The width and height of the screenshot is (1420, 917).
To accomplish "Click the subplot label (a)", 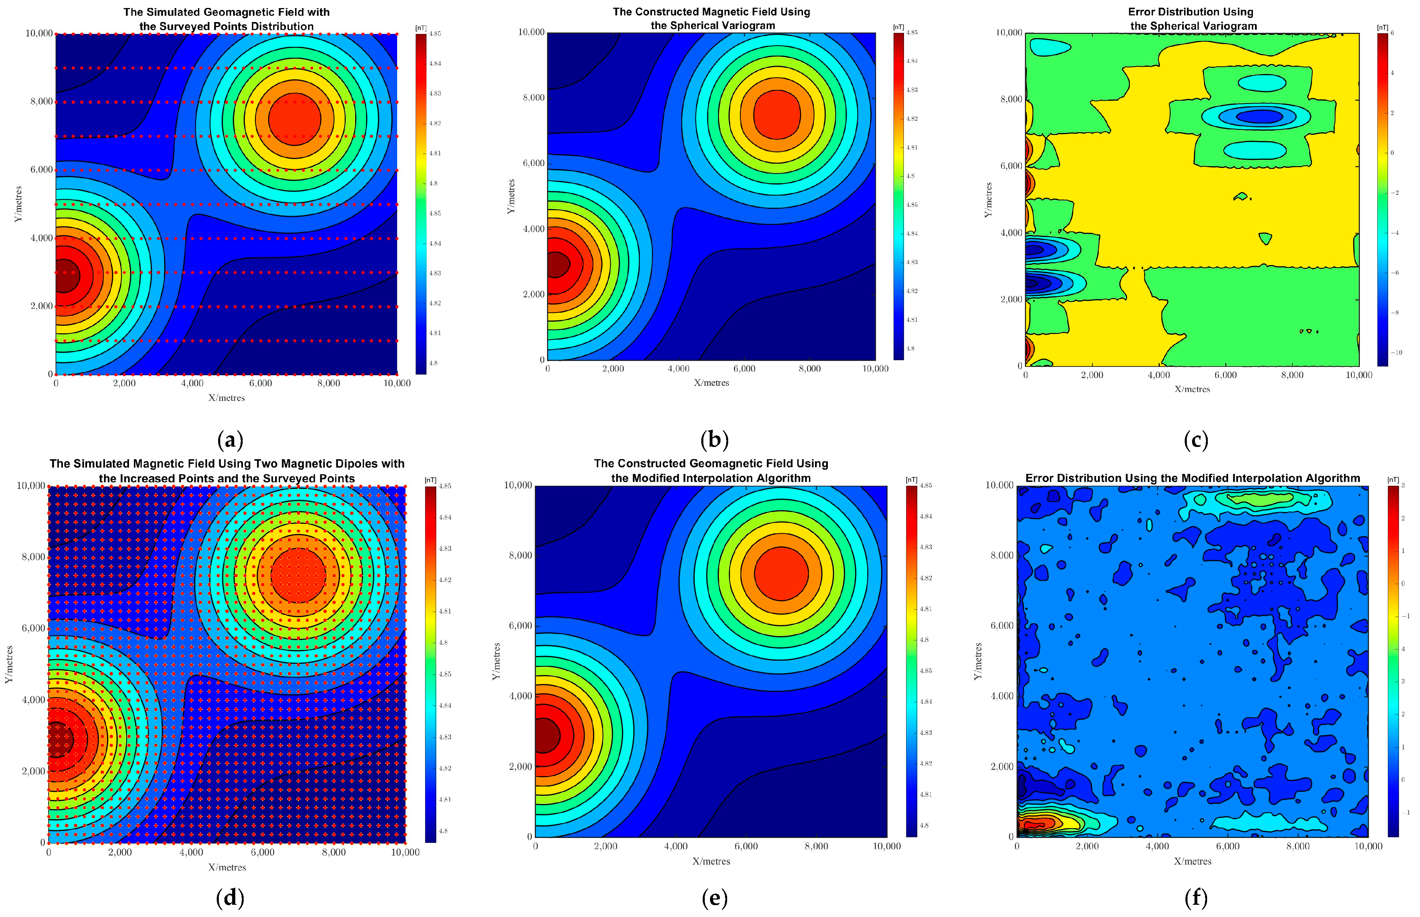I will tap(230, 441).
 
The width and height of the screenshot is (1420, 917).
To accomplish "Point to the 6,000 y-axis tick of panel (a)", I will tap(41, 170).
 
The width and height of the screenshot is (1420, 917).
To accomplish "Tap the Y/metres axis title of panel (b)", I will tap(511, 197).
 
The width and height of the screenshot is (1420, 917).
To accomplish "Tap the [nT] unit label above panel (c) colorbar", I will tap(1382, 27).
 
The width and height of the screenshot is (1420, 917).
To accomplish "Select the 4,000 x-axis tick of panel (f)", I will tap(1157, 846).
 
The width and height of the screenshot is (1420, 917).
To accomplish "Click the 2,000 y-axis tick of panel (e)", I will tap(519, 766).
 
